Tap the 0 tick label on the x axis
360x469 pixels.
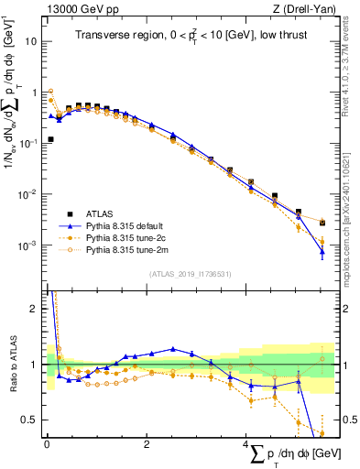(47, 444)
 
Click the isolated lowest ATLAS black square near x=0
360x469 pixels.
(50, 139)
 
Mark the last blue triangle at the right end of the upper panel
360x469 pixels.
(322, 251)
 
